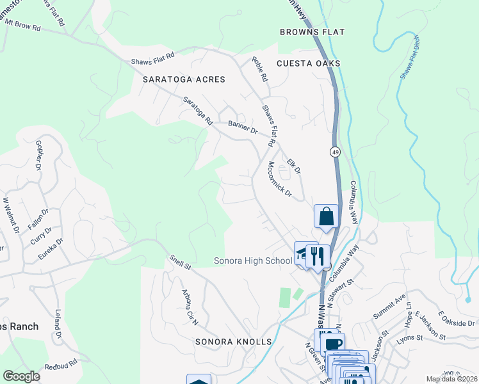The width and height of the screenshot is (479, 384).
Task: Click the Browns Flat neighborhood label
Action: (304, 31)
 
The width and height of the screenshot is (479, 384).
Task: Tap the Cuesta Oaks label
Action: (308, 63)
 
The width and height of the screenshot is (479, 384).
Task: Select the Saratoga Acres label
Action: (179, 79)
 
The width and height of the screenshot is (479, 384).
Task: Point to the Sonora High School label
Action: (252, 260)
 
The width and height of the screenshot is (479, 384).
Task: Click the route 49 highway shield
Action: (334, 152)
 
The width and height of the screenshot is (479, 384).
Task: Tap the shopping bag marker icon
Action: (326, 216)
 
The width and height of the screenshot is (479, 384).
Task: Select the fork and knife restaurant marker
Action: (317, 256)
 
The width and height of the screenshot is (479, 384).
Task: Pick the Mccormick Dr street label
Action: (279, 179)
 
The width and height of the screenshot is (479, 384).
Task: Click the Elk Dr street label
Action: (294, 166)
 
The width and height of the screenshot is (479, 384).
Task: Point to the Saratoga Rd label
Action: (197, 110)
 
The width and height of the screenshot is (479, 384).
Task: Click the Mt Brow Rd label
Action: (22, 26)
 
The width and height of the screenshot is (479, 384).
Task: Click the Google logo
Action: (22, 376)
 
